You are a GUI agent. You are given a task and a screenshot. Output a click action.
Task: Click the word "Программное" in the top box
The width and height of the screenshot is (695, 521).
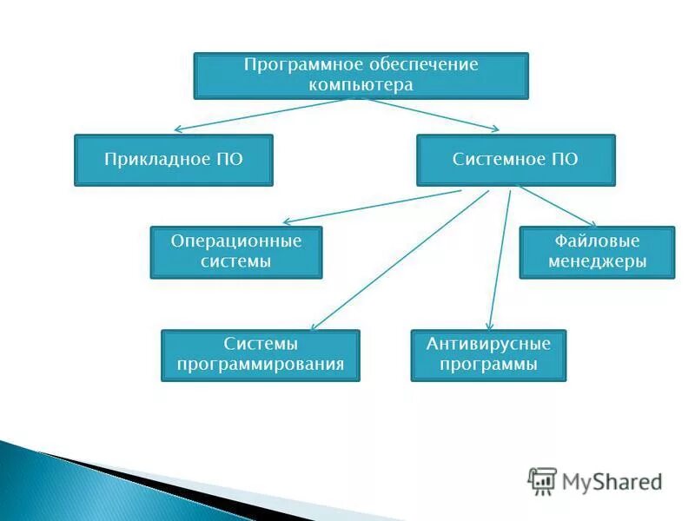pyautogui.click(x=295, y=66)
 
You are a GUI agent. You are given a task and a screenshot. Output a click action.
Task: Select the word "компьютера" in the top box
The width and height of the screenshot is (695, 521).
pyautogui.click(x=361, y=85)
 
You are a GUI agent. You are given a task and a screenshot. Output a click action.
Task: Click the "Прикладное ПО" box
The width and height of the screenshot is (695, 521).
pyautogui.click(x=174, y=160)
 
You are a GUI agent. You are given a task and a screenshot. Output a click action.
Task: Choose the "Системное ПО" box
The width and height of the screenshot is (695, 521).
pyautogui.click(x=515, y=160)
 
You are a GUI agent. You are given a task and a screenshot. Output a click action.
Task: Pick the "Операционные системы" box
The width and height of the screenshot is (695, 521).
pyautogui.click(x=236, y=252)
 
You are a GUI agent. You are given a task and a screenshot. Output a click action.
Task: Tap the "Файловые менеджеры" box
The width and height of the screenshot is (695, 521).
pyautogui.click(x=597, y=252)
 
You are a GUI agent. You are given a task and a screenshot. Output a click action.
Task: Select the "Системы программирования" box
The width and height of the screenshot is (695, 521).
pyautogui.click(x=261, y=355)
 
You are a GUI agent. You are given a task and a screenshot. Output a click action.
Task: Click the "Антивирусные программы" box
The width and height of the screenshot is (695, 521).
pyautogui.click(x=488, y=355)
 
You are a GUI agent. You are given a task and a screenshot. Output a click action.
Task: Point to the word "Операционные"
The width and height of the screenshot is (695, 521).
pyautogui.click(x=236, y=241)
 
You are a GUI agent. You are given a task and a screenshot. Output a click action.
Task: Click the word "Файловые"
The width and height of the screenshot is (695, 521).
pyautogui.click(x=597, y=241)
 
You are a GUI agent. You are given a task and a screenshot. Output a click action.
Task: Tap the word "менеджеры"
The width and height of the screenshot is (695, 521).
pyautogui.click(x=597, y=261)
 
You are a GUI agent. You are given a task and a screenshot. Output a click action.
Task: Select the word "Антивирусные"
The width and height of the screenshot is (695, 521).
pyautogui.click(x=488, y=345)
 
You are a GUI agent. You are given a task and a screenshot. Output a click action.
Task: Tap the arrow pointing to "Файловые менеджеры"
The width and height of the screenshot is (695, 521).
pyautogui.click(x=556, y=207)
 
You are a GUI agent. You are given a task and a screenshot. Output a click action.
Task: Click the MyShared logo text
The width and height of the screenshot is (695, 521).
pyautogui.click(x=612, y=480)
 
